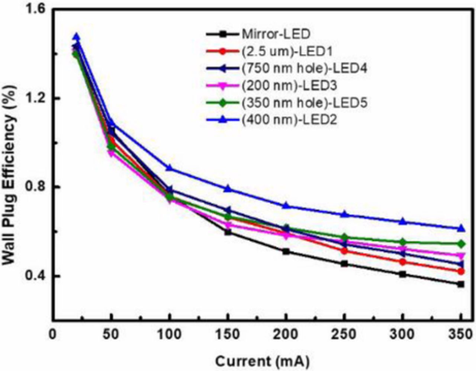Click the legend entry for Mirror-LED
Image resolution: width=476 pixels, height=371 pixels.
pyautogui.click(x=276, y=34)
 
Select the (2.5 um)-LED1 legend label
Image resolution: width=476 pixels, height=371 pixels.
pyautogui.click(x=287, y=51)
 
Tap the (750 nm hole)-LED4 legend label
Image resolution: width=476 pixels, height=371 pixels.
pyautogui.click(x=304, y=68)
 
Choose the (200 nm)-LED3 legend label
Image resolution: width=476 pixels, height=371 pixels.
pyautogui.click(x=289, y=86)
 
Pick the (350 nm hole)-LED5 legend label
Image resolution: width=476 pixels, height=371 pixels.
pyautogui.click(x=304, y=103)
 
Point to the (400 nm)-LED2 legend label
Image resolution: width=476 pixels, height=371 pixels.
pyautogui.click(x=289, y=120)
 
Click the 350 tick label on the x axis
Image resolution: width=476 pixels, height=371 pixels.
pyautogui.click(x=460, y=335)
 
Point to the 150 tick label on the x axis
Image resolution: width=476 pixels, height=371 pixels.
pyautogui.click(x=228, y=335)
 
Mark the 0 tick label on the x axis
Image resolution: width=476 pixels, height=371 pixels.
pyautogui.click(x=53, y=335)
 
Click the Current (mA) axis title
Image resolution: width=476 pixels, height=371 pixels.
pyautogui.click(x=262, y=361)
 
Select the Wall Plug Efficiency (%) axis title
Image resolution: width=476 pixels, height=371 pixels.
pyautogui.click(x=10, y=175)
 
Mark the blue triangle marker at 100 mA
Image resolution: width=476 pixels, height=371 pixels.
pyautogui.click(x=170, y=168)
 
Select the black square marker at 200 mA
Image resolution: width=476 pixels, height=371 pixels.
pyautogui.click(x=286, y=252)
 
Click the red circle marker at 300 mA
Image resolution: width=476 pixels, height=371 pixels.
pyautogui.click(x=403, y=262)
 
